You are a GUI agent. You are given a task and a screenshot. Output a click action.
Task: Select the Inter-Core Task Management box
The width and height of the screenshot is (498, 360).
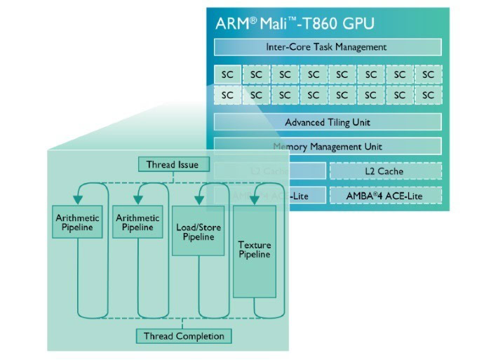(x=327, y=47)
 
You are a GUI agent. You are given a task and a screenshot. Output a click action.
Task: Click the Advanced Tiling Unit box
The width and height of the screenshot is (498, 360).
(x=327, y=123)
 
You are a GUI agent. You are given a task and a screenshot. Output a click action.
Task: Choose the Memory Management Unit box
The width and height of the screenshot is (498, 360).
(x=327, y=147)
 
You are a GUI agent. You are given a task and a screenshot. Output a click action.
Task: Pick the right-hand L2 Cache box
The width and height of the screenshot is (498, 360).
(x=385, y=171)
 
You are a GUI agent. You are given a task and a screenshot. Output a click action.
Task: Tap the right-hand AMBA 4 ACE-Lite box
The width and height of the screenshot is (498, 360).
(x=385, y=196)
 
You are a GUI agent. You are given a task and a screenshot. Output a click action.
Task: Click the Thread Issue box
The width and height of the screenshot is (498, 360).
(x=173, y=165)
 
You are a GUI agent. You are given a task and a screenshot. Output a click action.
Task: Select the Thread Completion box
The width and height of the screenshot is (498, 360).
(x=184, y=336)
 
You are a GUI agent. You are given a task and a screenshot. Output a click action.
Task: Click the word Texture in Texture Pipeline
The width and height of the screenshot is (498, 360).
(x=254, y=246)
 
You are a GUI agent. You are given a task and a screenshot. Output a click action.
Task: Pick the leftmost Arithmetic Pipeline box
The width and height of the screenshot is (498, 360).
(x=78, y=222)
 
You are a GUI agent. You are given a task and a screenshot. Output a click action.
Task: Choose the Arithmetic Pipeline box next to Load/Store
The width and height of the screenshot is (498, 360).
(x=137, y=222)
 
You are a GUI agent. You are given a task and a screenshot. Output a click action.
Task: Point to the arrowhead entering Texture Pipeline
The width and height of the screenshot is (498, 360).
(x=254, y=201)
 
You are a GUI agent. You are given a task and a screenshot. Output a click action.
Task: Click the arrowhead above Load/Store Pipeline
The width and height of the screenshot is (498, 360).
(x=198, y=201)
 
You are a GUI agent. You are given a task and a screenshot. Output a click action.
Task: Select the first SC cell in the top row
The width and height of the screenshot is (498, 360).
(x=227, y=74)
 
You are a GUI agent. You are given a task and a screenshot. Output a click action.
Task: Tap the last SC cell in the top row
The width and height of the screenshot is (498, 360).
(x=428, y=74)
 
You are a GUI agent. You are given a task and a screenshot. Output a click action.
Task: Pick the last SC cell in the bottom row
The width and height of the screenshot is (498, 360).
(x=428, y=95)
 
